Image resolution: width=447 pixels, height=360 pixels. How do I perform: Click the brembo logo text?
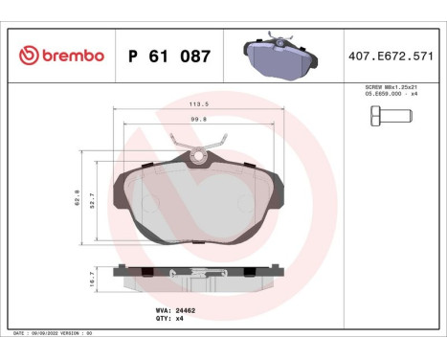[x=71, y=56]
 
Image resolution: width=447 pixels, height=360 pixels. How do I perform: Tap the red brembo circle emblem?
[x=26, y=56]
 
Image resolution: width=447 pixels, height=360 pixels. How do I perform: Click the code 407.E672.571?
[x=392, y=56]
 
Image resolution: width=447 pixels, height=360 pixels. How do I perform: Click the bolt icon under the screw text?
[x=391, y=116]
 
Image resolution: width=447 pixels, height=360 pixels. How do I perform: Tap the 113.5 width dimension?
[x=199, y=106]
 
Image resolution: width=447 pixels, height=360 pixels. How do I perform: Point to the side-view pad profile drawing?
[x=199, y=277]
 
